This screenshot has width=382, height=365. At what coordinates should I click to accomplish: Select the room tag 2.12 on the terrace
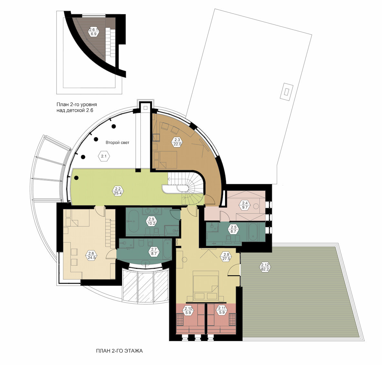pos(265,267)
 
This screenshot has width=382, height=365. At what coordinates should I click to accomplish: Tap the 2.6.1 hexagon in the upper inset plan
pos(93,32)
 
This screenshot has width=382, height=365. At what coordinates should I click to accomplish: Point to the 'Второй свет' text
pos(118,143)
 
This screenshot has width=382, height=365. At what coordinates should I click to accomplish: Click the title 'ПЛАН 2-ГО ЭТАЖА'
pos(119,351)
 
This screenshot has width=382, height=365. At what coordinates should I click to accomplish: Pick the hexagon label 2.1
pos(104,156)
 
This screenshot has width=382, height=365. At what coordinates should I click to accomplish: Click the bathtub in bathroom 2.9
pos(133,221)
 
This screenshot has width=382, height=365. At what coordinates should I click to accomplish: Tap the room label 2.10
pos(188,310)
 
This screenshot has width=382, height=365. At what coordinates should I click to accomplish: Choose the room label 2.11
pos(222,310)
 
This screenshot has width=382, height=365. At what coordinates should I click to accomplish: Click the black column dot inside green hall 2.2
pos(76,178)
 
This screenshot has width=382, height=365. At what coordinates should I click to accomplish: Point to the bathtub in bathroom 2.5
pos(253,232)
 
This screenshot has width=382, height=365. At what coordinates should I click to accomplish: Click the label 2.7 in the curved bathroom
pos(154,251)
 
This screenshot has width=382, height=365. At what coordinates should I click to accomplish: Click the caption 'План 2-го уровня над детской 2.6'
pos(77,107)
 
